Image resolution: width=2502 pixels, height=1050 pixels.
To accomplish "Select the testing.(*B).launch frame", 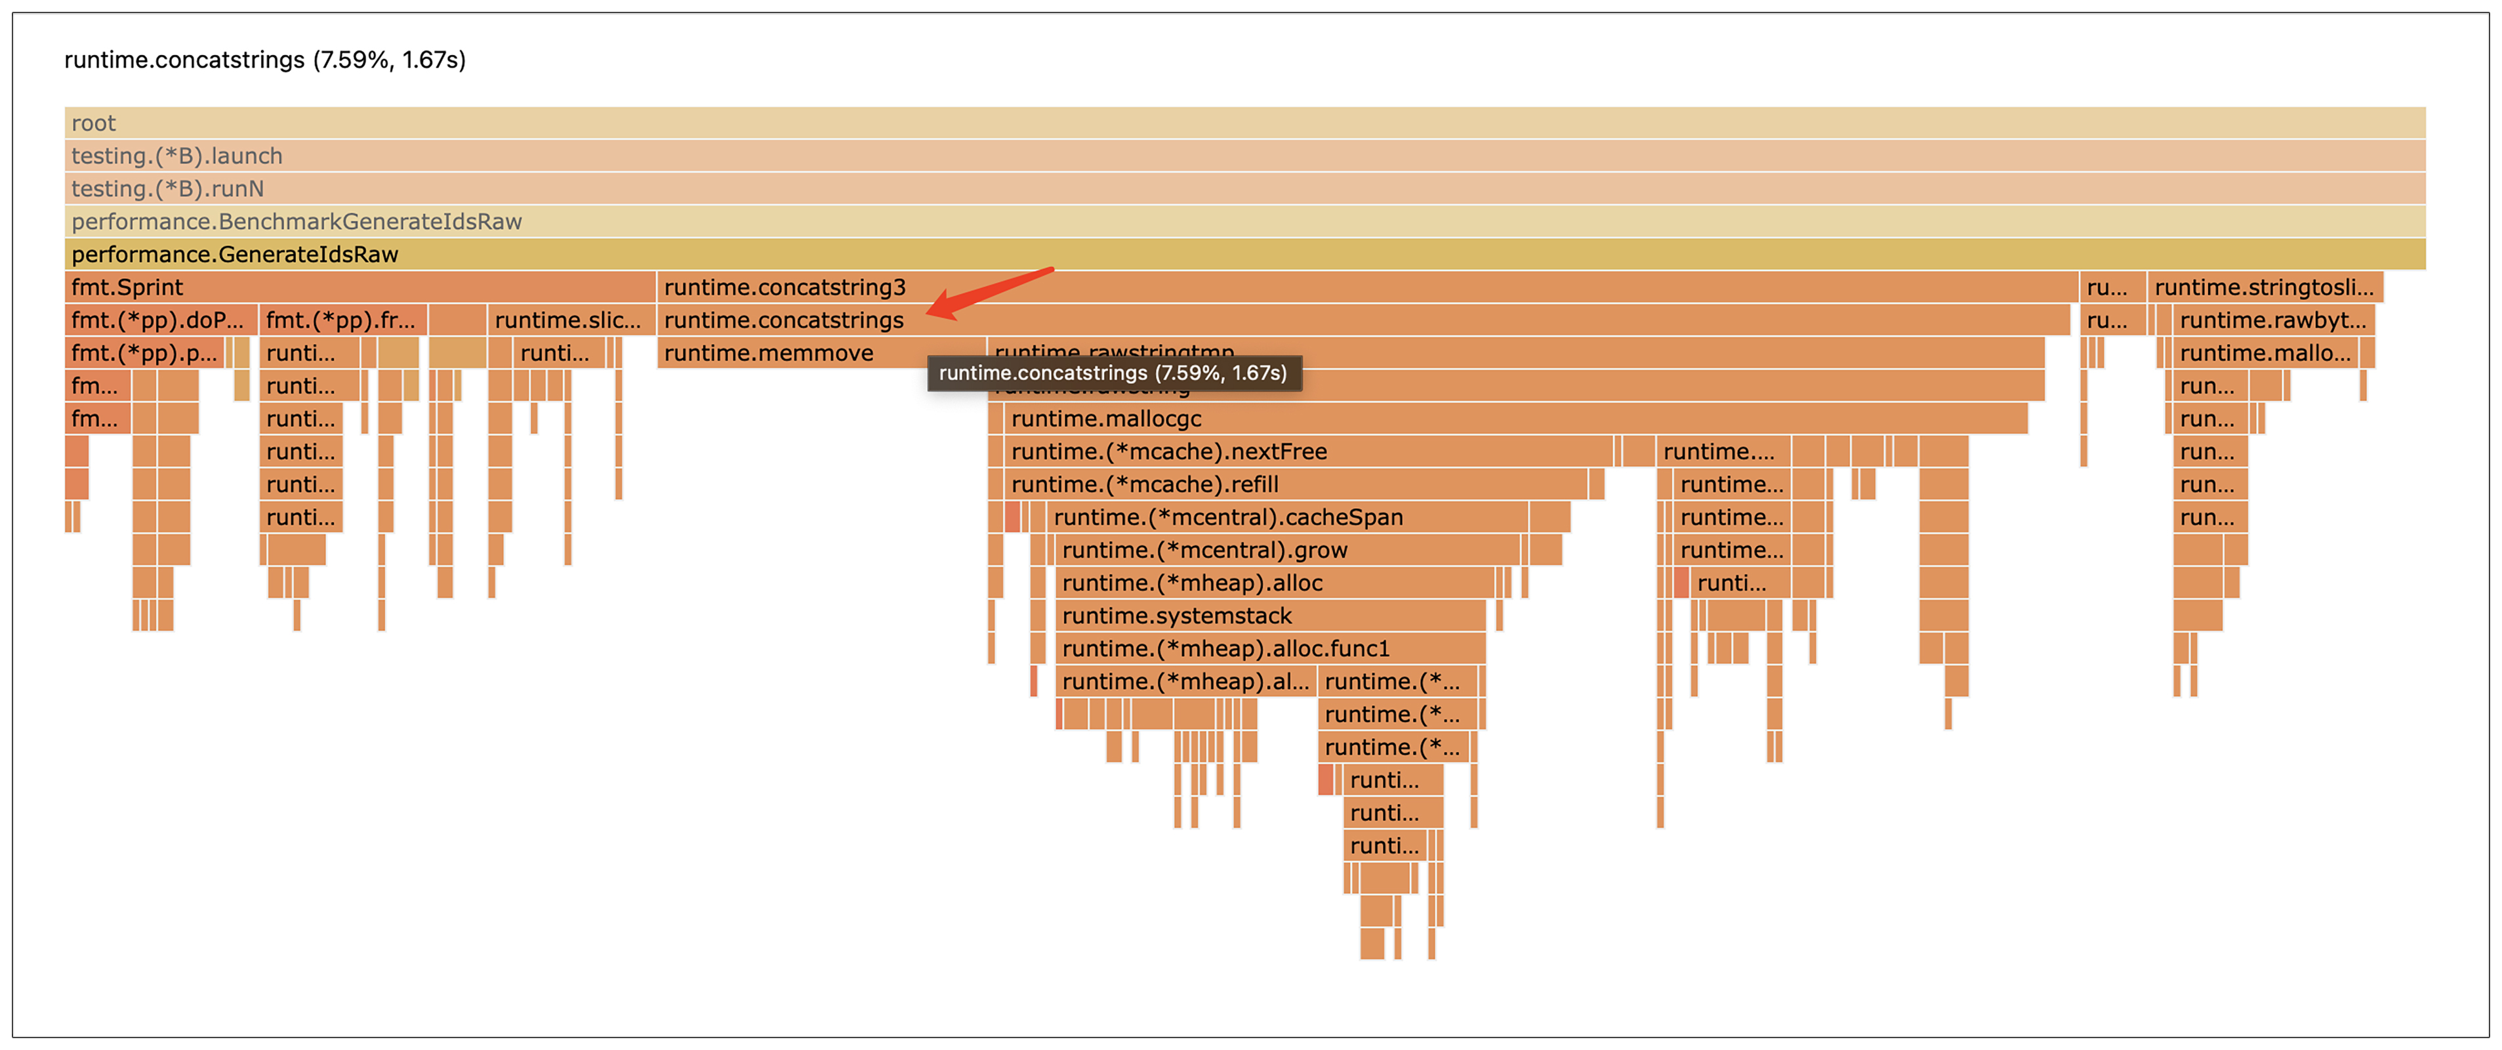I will [176, 156].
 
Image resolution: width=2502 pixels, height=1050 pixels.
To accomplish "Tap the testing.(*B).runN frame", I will [167, 188].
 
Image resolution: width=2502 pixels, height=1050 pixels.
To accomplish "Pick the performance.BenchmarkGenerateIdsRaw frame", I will [297, 221].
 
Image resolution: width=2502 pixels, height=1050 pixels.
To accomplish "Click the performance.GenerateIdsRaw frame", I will [235, 255].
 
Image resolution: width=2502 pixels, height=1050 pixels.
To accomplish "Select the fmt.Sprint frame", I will [127, 287].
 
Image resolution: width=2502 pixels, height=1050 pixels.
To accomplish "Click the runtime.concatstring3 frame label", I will [785, 287].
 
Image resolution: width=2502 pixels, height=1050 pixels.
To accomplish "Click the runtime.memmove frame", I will [768, 354].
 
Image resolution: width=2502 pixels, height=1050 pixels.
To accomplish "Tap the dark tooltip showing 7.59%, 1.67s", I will [1113, 373].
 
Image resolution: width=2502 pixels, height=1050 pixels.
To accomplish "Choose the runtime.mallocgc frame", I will [1106, 419].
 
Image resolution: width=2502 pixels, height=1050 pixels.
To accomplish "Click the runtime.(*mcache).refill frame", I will [1144, 485].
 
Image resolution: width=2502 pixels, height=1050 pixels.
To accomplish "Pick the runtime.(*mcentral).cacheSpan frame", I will [1227, 518].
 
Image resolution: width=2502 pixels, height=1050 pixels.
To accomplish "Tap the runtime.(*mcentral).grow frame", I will [1204, 551].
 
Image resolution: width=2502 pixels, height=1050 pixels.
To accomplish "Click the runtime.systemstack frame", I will [1176, 616].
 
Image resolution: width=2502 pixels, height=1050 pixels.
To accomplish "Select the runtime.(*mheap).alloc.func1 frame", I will [1226, 649].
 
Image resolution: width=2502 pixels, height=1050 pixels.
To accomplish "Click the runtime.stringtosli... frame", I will [2263, 287].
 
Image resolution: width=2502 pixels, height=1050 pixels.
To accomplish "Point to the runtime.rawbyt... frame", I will [2272, 320].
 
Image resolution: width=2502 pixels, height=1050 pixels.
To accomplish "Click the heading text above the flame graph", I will [265, 60].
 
